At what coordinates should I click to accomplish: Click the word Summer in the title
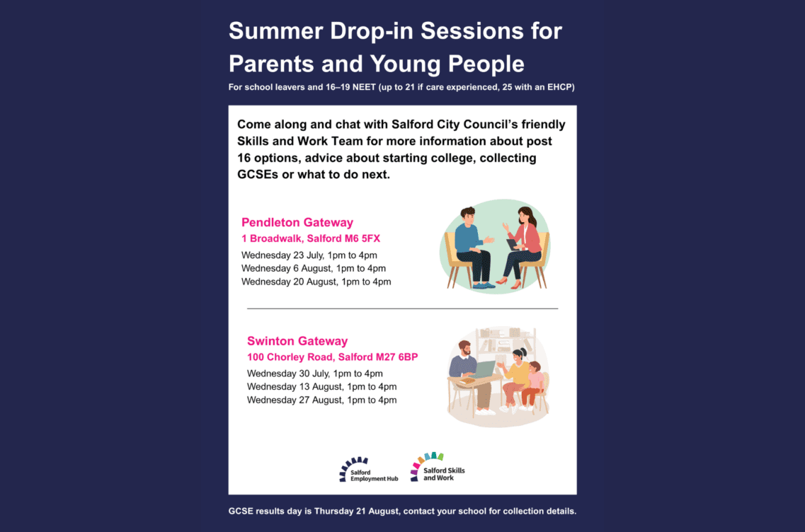pos(275,31)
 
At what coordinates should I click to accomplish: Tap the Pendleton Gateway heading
pos(297,223)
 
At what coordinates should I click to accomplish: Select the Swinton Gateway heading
pos(297,341)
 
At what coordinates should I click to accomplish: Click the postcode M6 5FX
pos(362,238)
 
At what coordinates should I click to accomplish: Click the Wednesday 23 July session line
pos(309,255)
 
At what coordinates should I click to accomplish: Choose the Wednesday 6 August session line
pos(314,268)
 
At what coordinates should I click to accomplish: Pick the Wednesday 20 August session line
pos(316,282)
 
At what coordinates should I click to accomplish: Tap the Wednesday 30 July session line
pos(315,374)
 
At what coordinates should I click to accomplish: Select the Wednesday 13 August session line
pos(322,387)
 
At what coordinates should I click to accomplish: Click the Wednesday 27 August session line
pos(322,400)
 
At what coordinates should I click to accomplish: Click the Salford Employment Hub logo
pos(369,470)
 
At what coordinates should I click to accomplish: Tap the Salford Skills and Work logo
pos(438,468)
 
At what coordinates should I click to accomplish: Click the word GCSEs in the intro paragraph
pos(258,175)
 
